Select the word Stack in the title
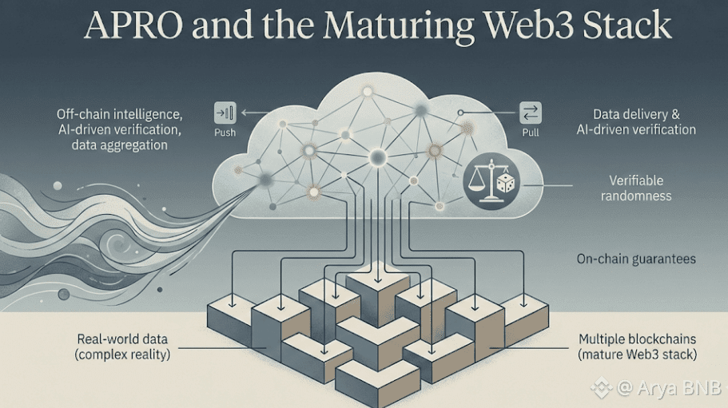(626, 26)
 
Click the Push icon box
(225, 113)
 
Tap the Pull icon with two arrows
(531, 113)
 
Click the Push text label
(225, 133)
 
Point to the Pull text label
(531, 133)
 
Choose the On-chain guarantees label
(635, 259)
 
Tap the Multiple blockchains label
(638, 339)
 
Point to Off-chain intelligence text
(119, 114)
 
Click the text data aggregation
(119, 145)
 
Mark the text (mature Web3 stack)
(638, 354)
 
